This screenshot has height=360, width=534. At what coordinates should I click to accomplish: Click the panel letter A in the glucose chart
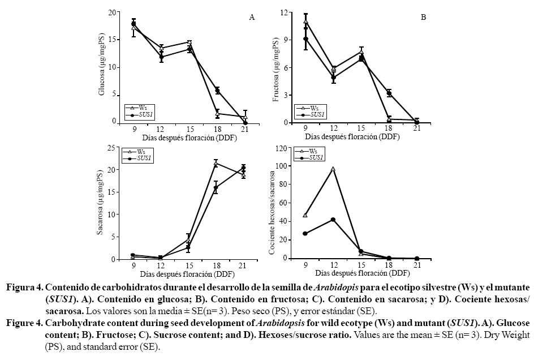252,18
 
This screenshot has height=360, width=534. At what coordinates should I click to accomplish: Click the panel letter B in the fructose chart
423,18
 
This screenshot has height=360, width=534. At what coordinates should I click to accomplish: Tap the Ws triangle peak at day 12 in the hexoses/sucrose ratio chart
333,169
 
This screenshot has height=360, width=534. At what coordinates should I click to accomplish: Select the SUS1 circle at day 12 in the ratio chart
333,219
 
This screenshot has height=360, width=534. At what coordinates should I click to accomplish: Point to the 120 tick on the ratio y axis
278,148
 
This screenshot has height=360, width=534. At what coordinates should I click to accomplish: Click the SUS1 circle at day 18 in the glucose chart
217,90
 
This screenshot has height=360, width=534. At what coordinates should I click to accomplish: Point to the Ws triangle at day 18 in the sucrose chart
216,164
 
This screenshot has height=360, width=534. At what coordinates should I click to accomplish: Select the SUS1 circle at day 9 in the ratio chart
305,233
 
